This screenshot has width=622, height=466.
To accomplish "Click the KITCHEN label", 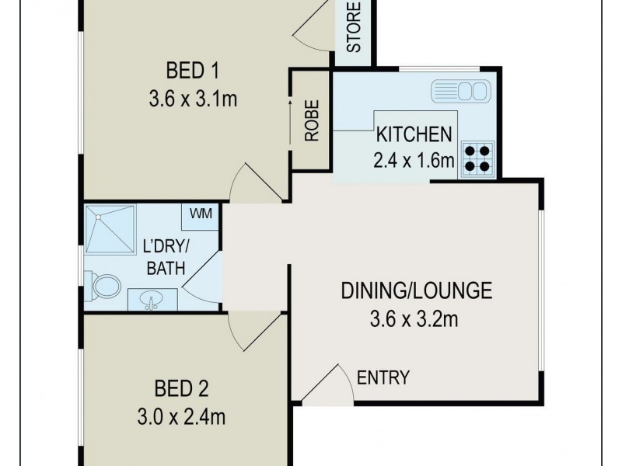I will (x=414, y=134).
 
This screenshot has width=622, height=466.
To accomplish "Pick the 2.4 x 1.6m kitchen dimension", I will (x=414, y=161).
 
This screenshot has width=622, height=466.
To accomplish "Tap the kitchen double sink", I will (x=460, y=90).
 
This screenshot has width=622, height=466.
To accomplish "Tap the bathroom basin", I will (x=152, y=299).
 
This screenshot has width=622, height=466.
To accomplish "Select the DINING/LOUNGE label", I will (x=417, y=291).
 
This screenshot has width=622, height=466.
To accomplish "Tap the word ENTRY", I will (x=383, y=378).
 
